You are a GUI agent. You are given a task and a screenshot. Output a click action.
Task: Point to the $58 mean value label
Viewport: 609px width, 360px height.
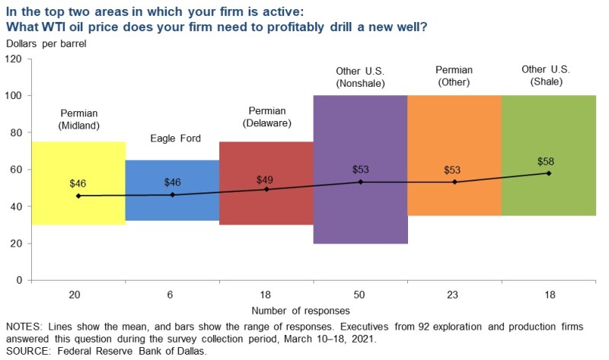coord(546,161)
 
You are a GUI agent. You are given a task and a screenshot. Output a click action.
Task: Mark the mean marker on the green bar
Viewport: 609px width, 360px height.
coord(549,174)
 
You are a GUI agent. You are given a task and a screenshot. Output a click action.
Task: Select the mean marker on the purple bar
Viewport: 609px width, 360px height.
coord(360,182)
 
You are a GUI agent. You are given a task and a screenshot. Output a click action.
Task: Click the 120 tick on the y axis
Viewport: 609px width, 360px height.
coord(14,59)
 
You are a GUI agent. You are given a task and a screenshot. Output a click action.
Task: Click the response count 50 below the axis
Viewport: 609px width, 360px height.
coord(360,294)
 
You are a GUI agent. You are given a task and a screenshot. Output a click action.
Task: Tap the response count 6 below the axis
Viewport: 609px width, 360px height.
coord(172,294)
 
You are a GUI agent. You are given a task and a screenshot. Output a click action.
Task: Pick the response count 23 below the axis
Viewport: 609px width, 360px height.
coord(454,294)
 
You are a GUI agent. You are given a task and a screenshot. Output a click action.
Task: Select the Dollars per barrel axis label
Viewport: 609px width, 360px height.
coord(46,43)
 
